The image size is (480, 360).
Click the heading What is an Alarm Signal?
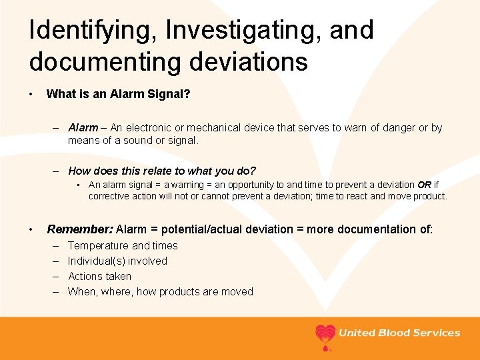coord(118,95)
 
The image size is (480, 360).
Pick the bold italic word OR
coord(425,185)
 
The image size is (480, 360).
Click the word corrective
coord(111,196)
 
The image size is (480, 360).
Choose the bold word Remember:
coord(79,229)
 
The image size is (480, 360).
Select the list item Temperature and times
coord(123,245)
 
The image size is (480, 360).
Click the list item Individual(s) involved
coord(117,261)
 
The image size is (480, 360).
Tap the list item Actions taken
coord(99,276)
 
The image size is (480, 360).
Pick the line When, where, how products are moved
coord(160,291)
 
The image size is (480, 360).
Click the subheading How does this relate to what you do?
coord(162,171)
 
